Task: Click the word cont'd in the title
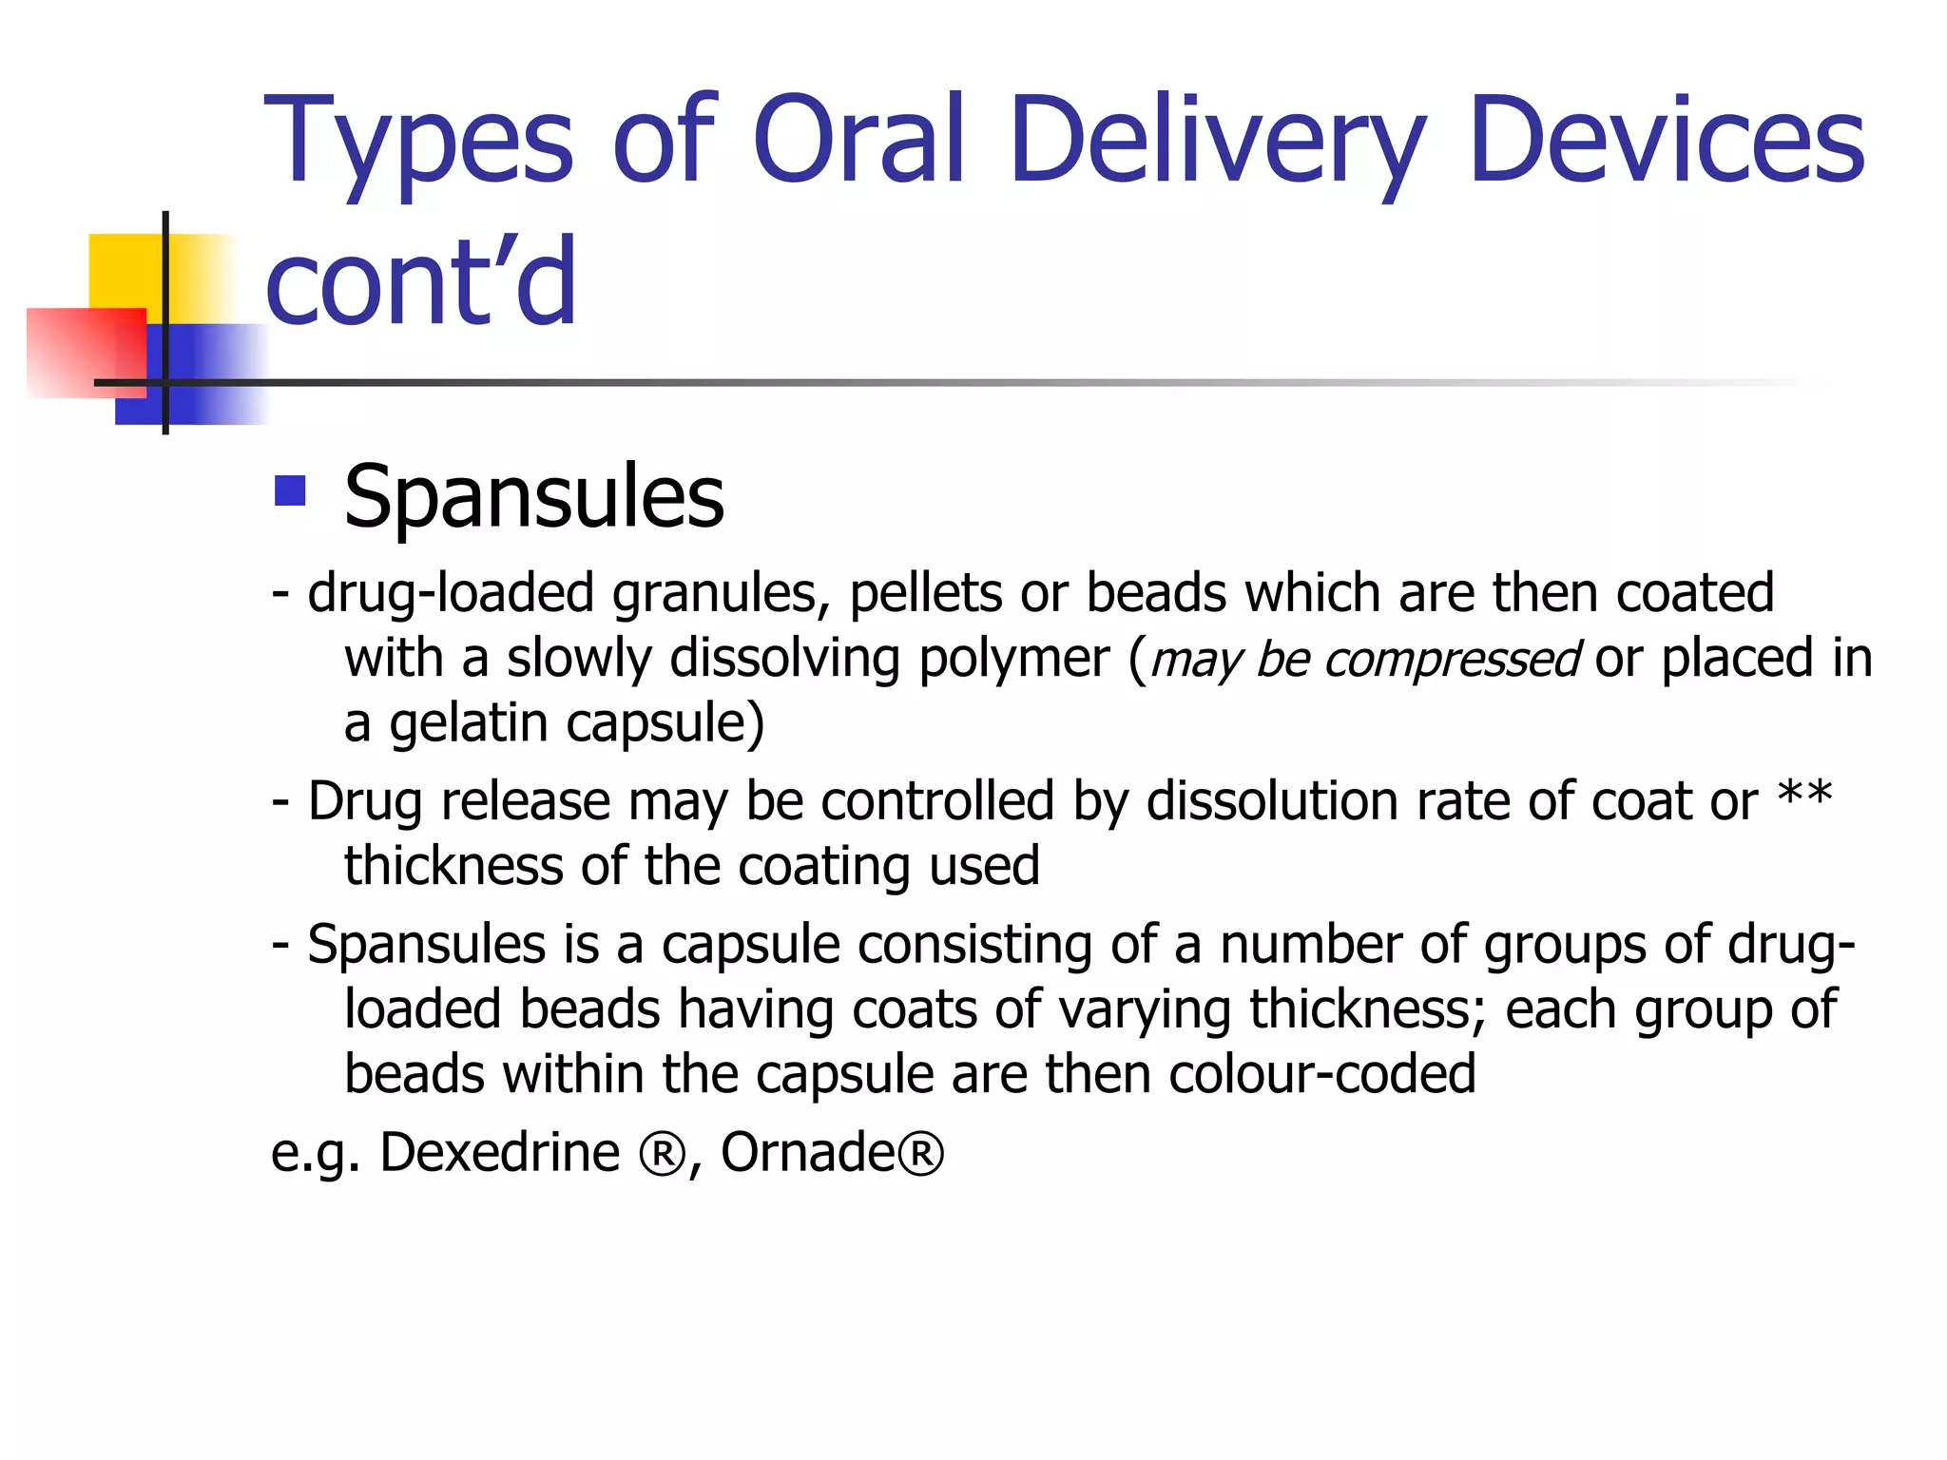pos(421,280)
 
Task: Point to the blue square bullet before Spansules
pos(289,491)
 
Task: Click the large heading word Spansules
pos(533,497)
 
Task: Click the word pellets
pos(926,593)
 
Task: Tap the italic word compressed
pos(1451,660)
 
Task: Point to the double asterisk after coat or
pos(1804,797)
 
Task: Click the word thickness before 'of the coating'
pos(453,866)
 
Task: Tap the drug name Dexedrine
pos(499,1152)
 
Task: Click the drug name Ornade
pos(807,1152)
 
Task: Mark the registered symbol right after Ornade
pos(920,1154)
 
